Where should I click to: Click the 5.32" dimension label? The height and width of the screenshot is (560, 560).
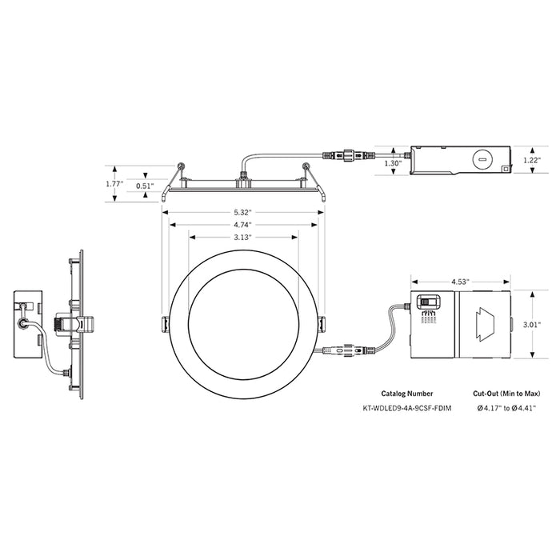click(242, 211)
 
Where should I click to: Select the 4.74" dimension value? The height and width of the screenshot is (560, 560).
click(242, 225)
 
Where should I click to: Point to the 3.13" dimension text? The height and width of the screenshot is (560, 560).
click(242, 238)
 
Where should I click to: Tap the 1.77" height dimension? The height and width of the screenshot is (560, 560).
click(114, 183)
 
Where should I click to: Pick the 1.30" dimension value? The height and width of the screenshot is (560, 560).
click(392, 162)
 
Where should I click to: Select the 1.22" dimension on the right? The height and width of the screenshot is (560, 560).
click(532, 160)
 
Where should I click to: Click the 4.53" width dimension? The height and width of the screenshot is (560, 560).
click(459, 282)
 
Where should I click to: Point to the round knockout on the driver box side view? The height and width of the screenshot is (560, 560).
click(482, 160)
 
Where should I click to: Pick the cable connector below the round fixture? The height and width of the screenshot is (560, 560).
click(346, 350)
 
